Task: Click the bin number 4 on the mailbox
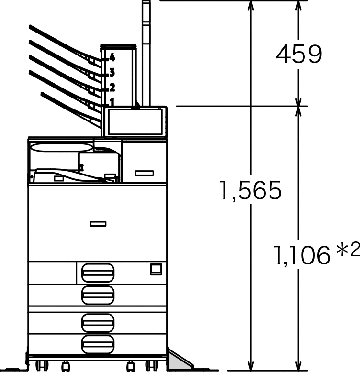click(112, 57)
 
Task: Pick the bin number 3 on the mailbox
click(112, 73)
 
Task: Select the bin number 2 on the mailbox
click(112, 87)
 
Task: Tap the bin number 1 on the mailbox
click(112, 101)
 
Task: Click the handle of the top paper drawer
click(98, 273)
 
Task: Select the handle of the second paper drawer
click(98, 295)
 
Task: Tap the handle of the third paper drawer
click(98, 323)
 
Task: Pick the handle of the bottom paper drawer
click(98, 344)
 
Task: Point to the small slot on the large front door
click(98, 223)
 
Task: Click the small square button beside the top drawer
click(156, 269)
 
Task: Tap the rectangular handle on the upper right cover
click(144, 173)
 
